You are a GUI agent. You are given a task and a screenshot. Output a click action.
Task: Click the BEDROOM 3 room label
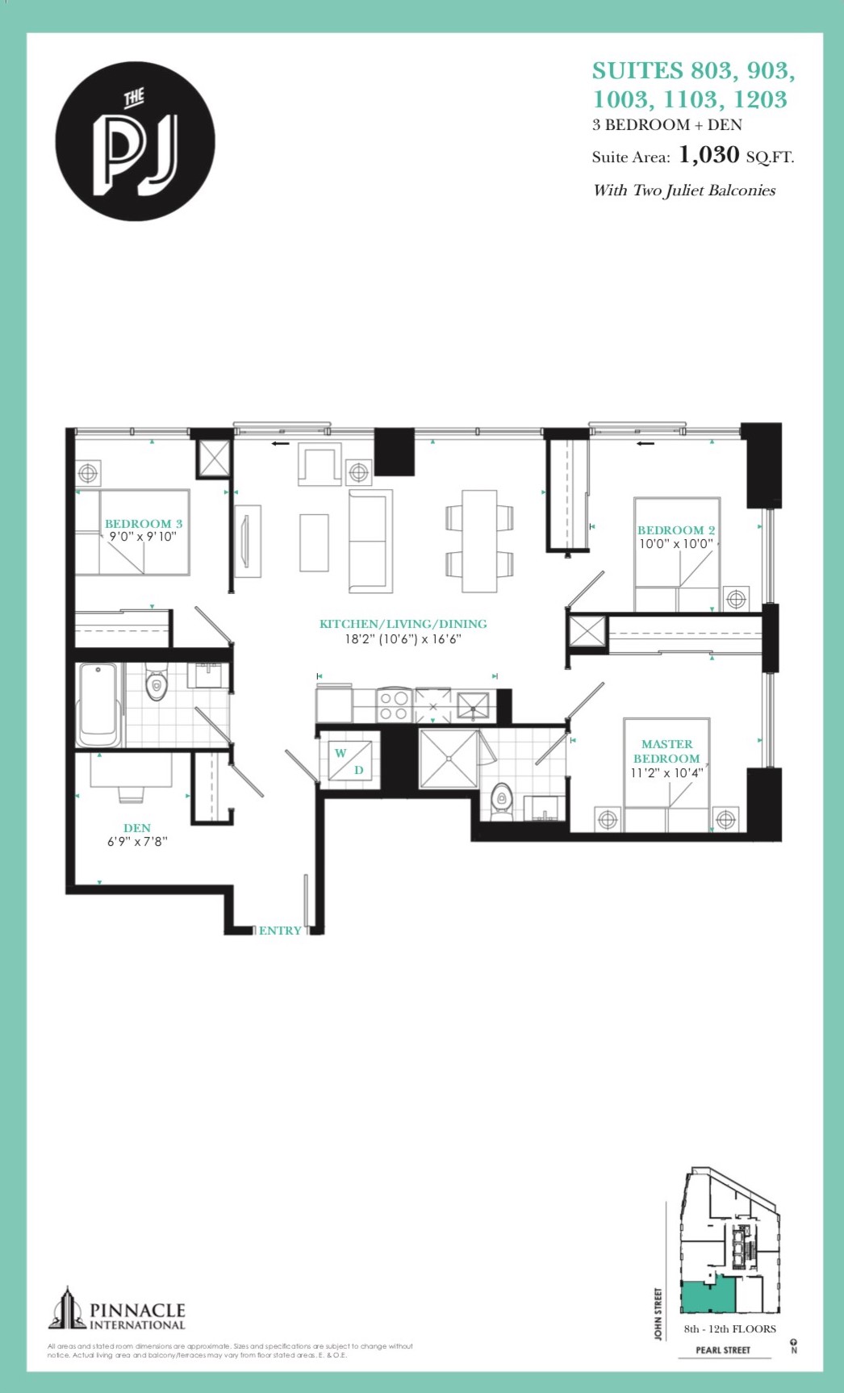pos(144,524)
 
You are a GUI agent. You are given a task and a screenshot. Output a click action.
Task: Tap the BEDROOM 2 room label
pos(676,530)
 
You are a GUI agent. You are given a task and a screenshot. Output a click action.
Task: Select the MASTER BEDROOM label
pos(666,751)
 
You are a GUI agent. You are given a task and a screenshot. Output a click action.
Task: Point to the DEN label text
pos(137,828)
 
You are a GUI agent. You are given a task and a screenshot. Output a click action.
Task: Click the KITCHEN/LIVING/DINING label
pos(403,624)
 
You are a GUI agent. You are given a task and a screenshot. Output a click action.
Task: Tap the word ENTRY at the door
pos(280,931)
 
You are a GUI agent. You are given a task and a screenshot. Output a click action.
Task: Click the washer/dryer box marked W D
pos(349,759)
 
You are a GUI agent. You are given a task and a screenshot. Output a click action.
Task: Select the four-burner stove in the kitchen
pos(394,705)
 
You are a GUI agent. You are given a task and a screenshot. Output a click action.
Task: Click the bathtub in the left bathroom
pos(99,705)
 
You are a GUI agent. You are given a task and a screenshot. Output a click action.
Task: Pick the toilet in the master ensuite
pos(502,801)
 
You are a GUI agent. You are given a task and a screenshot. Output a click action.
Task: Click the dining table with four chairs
pos(479,541)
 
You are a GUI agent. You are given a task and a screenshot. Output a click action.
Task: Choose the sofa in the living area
pos(370,541)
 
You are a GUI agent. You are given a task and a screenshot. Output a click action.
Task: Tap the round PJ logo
pos(136,141)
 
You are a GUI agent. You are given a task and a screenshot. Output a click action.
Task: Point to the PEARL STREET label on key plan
pos(723,1349)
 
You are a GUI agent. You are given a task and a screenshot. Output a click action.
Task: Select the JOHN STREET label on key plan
pos(658,1314)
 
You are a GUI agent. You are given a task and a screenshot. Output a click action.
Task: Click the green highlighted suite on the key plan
pos(708,1296)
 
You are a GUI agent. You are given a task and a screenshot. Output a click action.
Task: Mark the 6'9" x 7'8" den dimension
pos(137,842)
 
